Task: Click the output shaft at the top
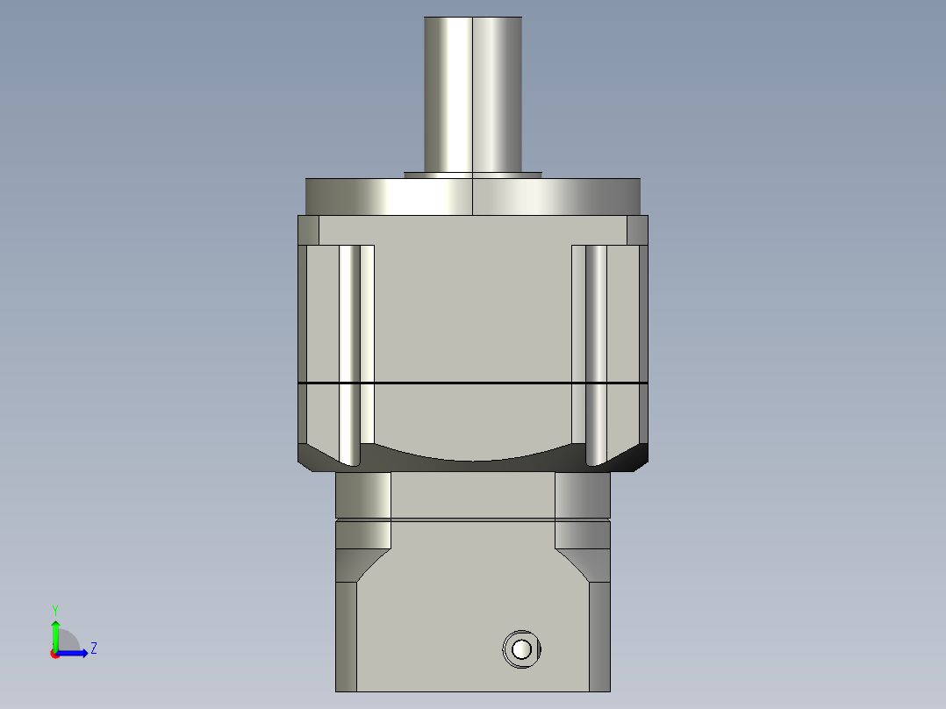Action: point(473,92)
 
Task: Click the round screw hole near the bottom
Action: point(521,649)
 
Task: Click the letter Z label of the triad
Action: point(93,648)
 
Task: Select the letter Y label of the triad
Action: point(54,608)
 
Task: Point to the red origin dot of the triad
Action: point(54,654)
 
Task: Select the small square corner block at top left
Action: point(308,230)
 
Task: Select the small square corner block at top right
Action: point(637,230)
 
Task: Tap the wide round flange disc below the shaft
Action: point(473,197)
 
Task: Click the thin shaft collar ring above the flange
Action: point(473,175)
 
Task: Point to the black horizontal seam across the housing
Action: point(473,383)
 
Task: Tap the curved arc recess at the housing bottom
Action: point(473,455)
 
